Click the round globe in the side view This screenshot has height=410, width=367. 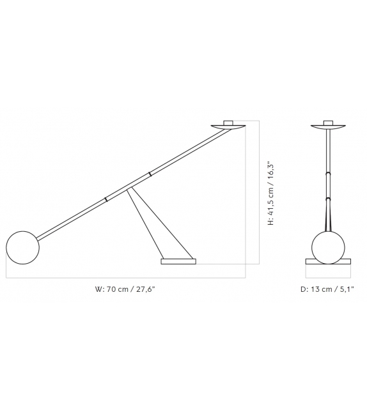[x=22, y=248]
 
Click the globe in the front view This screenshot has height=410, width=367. [x=328, y=246]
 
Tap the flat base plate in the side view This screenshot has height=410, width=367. [x=178, y=261]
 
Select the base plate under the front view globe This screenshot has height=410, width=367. [x=328, y=261]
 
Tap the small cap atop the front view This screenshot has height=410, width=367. [x=328, y=121]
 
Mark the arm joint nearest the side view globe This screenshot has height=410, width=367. [x=106, y=200]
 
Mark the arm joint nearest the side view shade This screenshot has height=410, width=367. [x=150, y=173]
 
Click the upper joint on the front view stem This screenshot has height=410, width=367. [x=328, y=173]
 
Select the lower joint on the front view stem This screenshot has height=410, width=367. [x=328, y=199]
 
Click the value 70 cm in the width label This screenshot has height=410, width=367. [x=118, y=289]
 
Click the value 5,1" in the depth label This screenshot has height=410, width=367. [x=346, y=289]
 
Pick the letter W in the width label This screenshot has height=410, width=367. [x=98, y=289]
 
